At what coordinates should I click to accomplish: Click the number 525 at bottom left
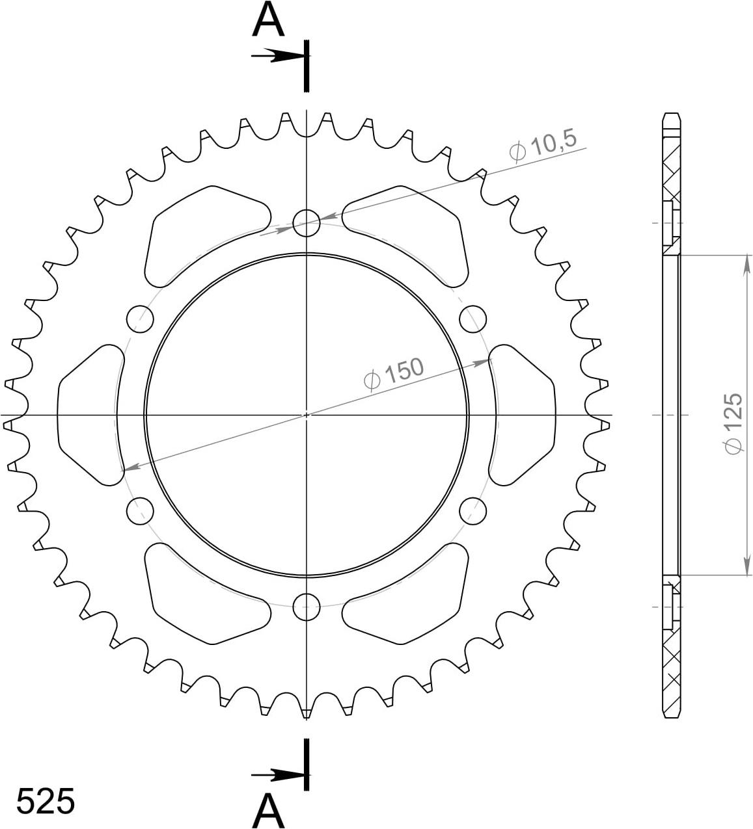(46, 801)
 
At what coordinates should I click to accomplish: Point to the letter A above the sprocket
(268, 21)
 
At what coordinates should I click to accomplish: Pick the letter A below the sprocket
(268, 811)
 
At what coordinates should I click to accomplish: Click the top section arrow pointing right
(279, 55)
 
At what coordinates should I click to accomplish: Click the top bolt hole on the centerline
(306, 223)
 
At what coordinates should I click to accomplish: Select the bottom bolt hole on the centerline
(306, 607)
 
